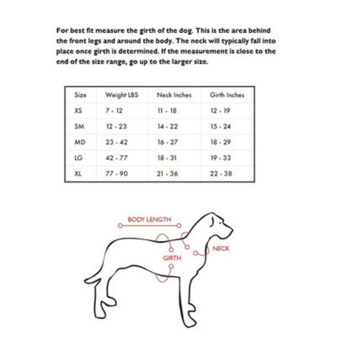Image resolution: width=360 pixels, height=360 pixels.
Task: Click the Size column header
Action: click(x=81, y=96)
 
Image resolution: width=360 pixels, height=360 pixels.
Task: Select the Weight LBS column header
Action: click(x=122, y=96)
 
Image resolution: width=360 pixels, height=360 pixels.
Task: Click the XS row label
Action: click(x=79, y=110)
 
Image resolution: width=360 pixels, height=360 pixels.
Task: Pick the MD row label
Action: click(x=80, y=140)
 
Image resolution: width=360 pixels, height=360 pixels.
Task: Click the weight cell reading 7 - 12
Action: click(x=115, y=110)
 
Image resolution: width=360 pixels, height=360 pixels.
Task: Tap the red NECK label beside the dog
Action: click(x=220, y=250)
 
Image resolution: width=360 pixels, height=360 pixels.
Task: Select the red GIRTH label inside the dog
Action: click(x=172, y=258)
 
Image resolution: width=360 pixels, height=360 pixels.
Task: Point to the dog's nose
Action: click(x=233, y=226)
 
